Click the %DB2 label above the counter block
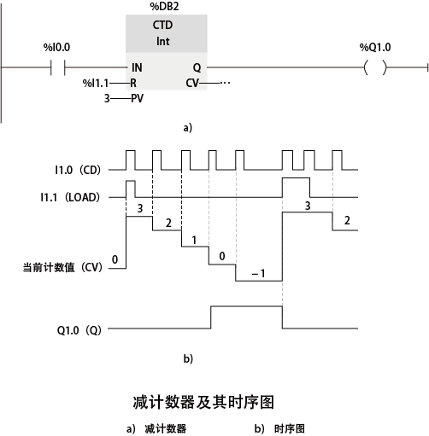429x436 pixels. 164,6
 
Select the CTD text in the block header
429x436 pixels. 162,25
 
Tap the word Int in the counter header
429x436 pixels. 163,41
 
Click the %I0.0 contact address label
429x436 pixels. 56,47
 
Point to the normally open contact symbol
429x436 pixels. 58,67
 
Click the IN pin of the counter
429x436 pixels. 137,67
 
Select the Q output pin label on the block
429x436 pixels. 197,67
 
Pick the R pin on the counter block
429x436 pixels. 133,84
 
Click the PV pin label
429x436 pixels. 137,98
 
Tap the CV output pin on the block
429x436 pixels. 192,84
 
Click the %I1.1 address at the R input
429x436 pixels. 96,84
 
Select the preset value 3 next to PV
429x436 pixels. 107,98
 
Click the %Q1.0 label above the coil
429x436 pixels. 375,47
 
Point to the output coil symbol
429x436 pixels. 375,67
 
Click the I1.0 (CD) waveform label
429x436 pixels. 78,170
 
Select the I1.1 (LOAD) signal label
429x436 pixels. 70,197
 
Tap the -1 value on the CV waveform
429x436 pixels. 259,274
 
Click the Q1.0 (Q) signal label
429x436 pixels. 79,330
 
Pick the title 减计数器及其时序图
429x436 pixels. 203,402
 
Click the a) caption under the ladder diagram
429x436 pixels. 188,128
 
